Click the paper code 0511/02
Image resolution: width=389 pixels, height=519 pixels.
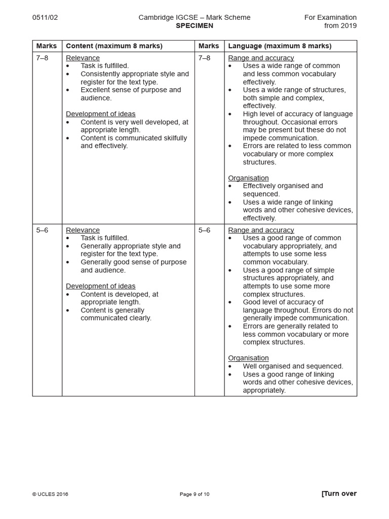click(45, 17)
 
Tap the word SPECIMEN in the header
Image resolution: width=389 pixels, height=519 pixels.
click(194, 25)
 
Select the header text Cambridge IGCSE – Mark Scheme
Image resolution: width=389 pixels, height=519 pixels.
click(194, 17)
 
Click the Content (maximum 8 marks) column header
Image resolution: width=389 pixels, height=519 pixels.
click(114, 46)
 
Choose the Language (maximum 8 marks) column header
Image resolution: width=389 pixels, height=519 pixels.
click(280, 46)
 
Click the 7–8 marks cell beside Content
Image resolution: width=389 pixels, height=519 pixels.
click(43, 58)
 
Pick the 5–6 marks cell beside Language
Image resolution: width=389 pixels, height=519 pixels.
click(205, 230)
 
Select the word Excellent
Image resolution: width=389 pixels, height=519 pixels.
click(95, 90)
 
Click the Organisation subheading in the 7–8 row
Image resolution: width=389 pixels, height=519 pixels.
click(248, 178)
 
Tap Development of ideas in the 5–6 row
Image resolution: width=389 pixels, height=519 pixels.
click(100, 286)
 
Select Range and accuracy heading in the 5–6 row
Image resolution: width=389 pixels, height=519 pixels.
click(261, 230)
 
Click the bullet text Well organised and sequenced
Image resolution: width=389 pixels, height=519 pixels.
click(293, 366)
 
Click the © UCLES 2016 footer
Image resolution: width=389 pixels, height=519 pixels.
click(50, 494)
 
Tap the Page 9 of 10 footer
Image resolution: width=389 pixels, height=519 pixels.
click(194, 494)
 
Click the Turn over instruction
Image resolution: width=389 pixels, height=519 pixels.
click(339, 494)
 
